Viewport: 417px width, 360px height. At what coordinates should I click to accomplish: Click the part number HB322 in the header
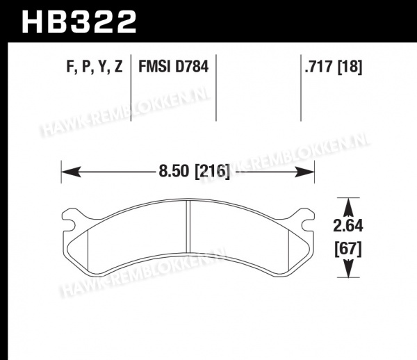[x=79, y=22]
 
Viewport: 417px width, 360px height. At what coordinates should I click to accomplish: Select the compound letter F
[x=70, y=67]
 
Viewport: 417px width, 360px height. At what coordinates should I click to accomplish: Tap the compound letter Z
[x=118, y=67]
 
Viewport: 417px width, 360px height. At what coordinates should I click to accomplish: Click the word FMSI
[x=154, y=67]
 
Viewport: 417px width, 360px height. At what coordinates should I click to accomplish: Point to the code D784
[x=192, y=67]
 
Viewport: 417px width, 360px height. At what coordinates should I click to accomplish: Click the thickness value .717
[x=320, y=67]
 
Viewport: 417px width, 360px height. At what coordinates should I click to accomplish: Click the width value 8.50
[x=173, y=171]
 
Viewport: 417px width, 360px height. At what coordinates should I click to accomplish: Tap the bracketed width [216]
[x=212, y=171]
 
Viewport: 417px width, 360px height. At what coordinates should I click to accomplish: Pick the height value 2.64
[x=348, y=226]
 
